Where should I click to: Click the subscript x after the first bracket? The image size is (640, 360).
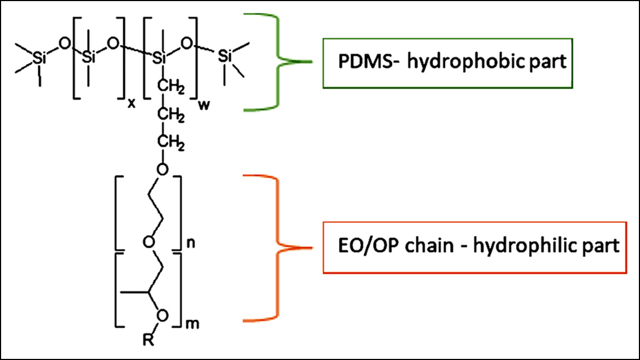131,104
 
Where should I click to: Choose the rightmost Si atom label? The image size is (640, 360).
226,56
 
